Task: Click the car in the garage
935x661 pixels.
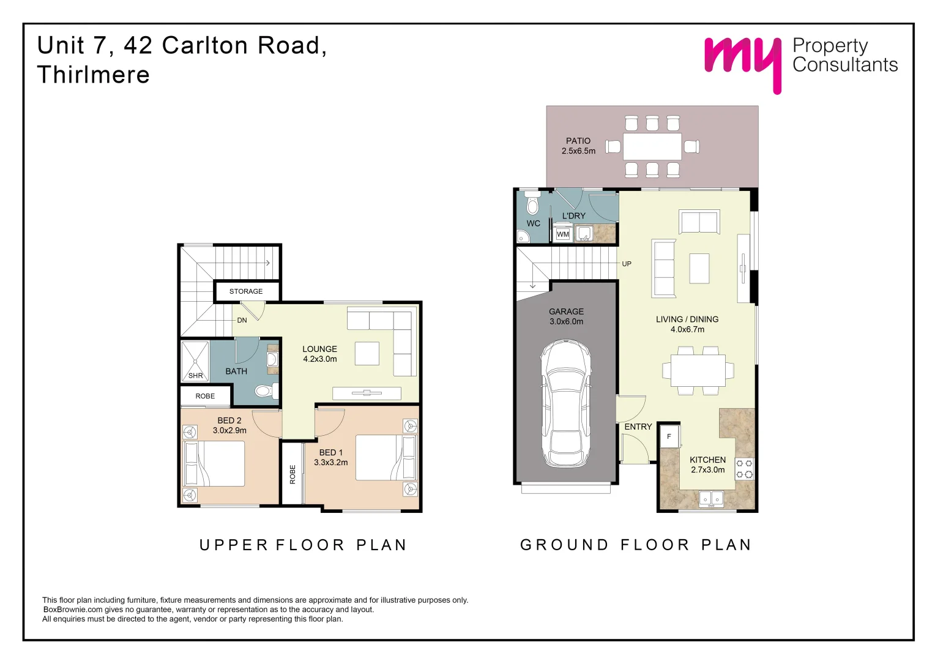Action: (566, 404)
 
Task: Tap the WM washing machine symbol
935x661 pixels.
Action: (563, 234)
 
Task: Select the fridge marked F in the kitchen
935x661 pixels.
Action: (669, 436)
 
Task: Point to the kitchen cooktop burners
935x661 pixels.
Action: (744, 469)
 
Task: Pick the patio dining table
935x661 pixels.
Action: (652, 146)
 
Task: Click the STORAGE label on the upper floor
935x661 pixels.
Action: (246, 291)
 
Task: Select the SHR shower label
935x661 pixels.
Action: (195, 376)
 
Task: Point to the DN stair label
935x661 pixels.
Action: (242, 320)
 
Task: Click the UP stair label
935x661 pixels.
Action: (627, 264)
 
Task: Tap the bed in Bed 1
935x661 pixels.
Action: (386, 458)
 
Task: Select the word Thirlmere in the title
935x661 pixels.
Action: (94, 75)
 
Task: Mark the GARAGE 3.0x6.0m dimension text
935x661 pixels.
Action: (566, 321)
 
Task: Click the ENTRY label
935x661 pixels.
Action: (638, 427)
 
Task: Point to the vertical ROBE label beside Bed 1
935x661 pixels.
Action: (292, 474)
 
